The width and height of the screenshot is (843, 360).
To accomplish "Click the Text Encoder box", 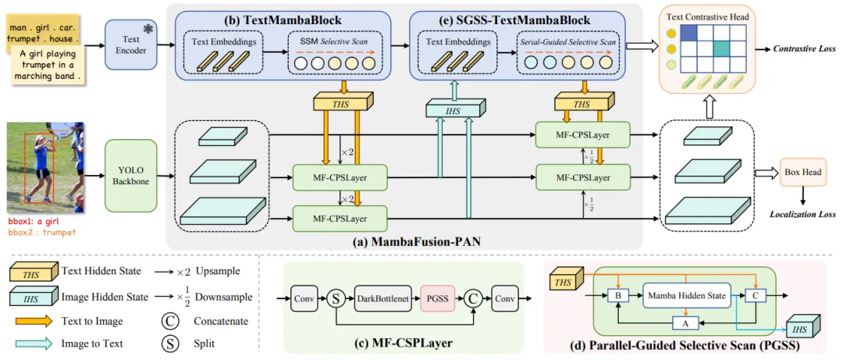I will click(130, 45).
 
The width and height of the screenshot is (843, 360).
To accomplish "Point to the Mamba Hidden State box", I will click(685, 295).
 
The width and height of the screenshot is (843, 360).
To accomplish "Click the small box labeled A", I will click(685, 322).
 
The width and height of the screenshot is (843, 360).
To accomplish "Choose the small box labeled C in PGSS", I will click(755, 296).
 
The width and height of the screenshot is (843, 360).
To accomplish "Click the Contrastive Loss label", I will click(805, 48).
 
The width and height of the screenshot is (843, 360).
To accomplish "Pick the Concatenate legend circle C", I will click(167, 320).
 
